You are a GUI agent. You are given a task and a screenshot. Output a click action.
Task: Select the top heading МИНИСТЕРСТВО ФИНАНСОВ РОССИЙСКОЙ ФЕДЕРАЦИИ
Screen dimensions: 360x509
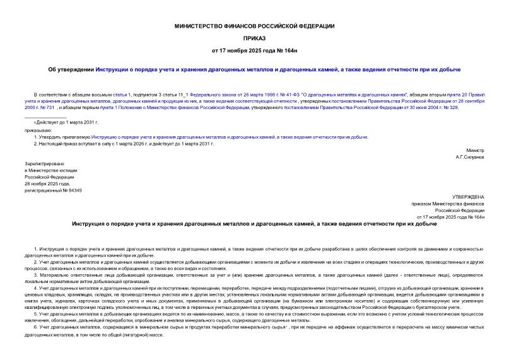[x=254, y=26]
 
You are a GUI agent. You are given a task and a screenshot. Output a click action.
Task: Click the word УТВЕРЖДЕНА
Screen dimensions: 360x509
[x=469, y=197]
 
